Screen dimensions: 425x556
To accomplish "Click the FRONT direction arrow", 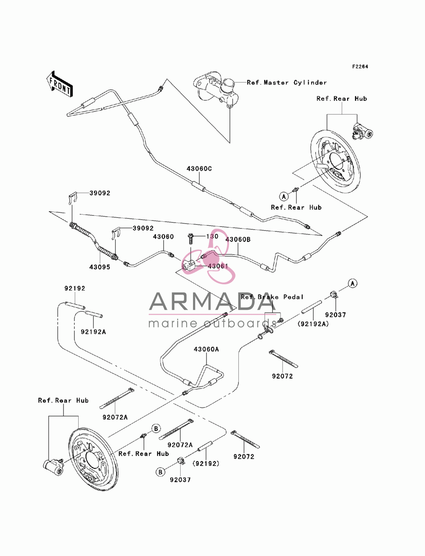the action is [x=59, y=84].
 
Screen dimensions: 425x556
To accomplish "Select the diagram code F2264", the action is [x=360, y=67].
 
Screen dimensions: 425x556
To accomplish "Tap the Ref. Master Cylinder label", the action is [x=286, y=82].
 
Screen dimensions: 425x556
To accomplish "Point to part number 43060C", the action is [x=199, y=169].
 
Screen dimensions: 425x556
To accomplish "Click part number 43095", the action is [x=100, y=267].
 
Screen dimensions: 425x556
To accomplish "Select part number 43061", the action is [x=218, y=266].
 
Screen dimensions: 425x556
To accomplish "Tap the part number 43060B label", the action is [x=238, y=240].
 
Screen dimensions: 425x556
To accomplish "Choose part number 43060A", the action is [x=206, y=349].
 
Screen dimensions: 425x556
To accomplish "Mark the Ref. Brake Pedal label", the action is [x=272, y=297].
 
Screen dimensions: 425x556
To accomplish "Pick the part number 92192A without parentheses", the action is [x=93, y=332].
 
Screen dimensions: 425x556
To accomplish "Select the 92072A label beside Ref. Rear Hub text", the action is [x=115, y=417].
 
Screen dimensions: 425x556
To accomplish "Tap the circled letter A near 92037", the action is [x=352, y=283].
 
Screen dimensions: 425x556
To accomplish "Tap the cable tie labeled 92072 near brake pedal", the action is [x=283, y=358].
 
